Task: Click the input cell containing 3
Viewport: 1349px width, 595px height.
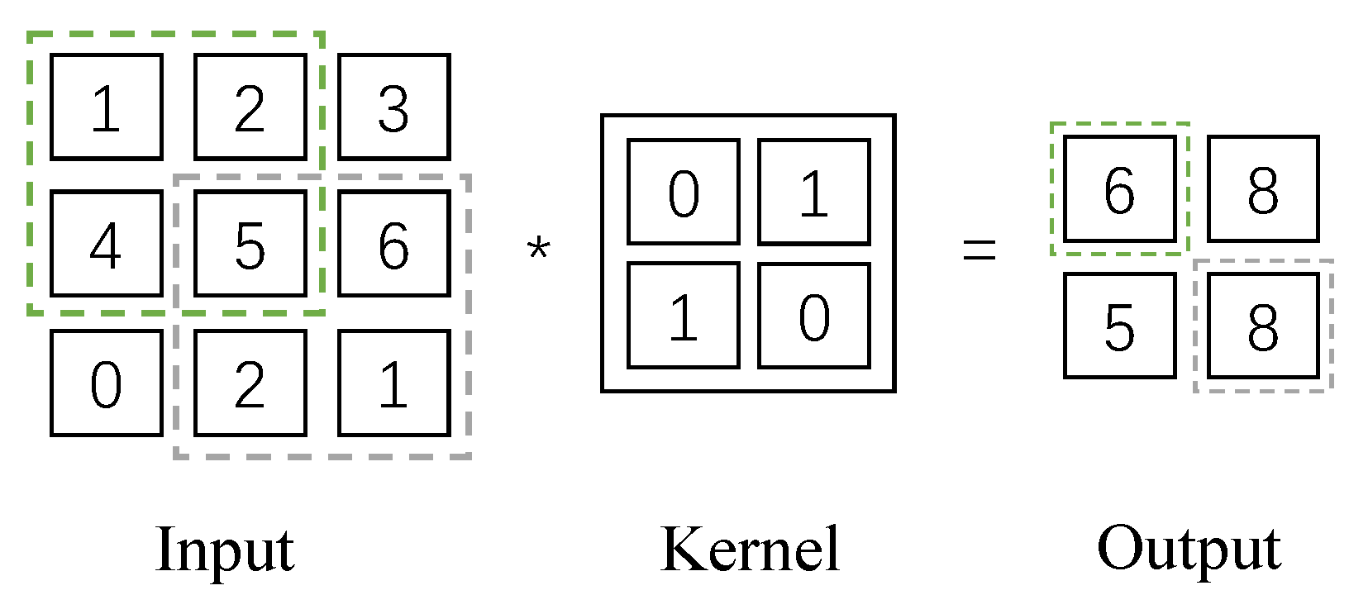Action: (393, 107)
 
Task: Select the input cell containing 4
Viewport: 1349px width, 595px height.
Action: (106, 244)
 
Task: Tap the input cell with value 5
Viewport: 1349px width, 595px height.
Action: (250, 244)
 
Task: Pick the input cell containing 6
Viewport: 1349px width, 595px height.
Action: (393, 244)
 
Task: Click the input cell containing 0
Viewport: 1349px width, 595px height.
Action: (106, 383)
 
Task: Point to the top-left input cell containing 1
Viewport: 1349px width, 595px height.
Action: (106, 107)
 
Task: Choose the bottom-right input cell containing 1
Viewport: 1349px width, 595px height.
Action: (393, 383)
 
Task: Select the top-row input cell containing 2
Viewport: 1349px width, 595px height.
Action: (250, 107)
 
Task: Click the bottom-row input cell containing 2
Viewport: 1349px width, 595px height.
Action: (250, 383)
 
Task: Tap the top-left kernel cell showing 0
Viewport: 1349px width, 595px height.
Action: (683, 192)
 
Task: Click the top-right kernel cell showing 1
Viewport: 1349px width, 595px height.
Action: (813, 192)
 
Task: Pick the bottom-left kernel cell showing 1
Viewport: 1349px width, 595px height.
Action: (683, 316)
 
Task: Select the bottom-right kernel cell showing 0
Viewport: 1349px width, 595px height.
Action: (813, 316)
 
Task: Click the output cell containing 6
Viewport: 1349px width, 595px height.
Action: (1119, 188)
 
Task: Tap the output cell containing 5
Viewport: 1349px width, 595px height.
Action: (1119, 326)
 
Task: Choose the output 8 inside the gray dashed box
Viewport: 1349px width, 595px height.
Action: (1263, 326)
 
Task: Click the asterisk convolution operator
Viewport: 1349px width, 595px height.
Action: (538, 247)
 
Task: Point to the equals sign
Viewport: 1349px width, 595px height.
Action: (980, 249)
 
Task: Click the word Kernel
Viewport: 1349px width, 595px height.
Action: (751, 549)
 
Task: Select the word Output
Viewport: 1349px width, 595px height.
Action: (1189, 549)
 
